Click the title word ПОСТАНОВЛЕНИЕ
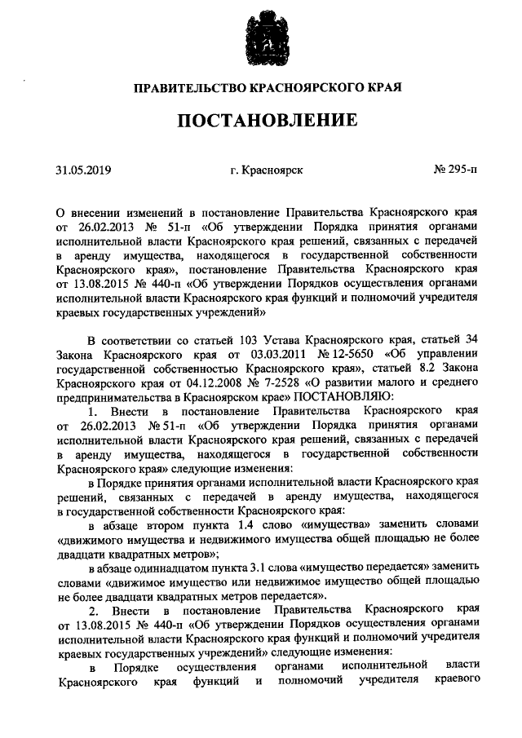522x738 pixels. (x=268, y=121)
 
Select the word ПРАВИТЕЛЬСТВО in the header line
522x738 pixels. (x=179, y=86)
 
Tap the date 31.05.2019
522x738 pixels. (x=83, y=170)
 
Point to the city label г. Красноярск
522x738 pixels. (x=267, y=170)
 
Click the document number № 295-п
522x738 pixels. (x=455, y=170)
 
